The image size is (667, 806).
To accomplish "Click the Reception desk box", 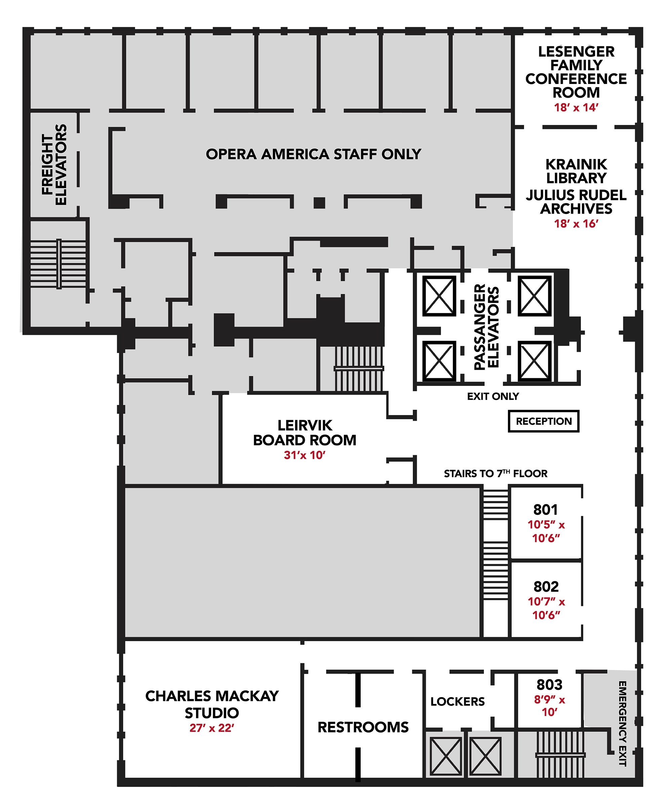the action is tap(543, 421).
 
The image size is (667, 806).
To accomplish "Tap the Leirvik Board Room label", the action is tap(305, 433).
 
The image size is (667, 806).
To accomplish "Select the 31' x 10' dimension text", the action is tap(305, 455).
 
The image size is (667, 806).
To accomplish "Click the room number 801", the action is tap(546, 510).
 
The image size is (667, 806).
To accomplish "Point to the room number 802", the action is tap(546, 586).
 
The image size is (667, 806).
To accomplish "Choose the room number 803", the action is tap(549, 684).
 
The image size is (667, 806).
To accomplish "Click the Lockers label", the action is tap(458, 702).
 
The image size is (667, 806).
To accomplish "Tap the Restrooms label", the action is tap(363, 727).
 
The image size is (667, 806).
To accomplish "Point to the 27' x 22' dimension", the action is tap(212, 728).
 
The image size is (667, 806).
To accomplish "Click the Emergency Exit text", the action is tap(622, 723).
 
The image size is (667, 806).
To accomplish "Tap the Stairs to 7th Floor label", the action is tap(496, 473).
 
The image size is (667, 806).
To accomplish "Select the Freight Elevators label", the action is tap(54, 165).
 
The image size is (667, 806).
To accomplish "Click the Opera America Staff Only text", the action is tap(314, 154).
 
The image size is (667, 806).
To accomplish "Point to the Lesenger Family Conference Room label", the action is tap(576, 72).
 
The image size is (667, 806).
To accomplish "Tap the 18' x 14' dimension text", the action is tap(576, 107).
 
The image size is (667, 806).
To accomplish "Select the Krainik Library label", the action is tap(576, 171).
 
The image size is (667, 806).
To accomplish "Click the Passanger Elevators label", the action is tap(486, 327).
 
